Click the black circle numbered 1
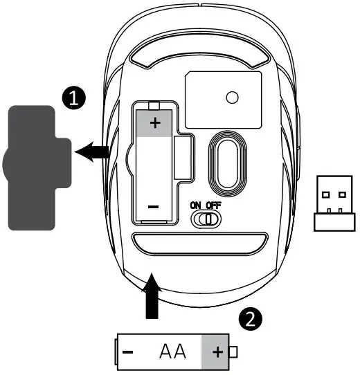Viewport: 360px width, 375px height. [74, 98]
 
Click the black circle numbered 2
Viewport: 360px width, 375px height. [251, 319]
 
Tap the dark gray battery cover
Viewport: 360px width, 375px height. [37, 168]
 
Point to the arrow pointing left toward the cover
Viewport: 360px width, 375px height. [92, 152]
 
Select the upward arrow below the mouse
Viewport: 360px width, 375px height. [152, 296]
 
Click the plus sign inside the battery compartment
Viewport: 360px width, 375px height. [155, 123]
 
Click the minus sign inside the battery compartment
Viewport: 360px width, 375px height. [154, 207]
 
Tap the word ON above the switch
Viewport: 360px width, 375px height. [195, 205]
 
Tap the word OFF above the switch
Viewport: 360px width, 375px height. [214, 205]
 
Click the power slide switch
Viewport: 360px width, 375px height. [206, 219]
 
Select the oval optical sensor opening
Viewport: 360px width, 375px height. [228, 164]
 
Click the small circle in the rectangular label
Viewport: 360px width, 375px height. [232, 98]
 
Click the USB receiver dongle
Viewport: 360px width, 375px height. [334, 203]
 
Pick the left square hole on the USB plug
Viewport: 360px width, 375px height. [326, 194]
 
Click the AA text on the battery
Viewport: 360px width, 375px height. [172, 351]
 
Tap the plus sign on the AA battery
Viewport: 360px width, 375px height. [218, 351]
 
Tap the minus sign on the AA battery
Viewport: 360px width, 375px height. [127, 351]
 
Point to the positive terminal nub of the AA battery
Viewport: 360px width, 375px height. [233, 352]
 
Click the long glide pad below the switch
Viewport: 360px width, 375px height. [199, 244]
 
